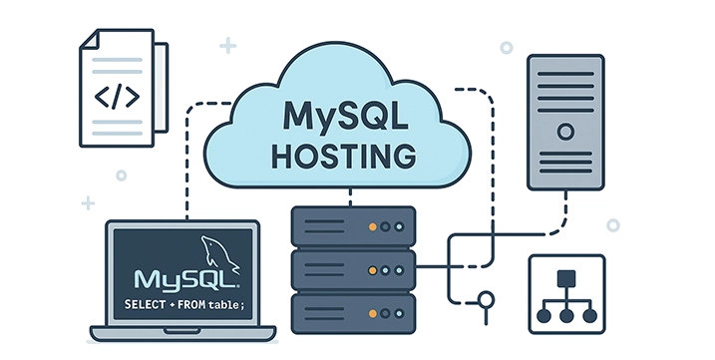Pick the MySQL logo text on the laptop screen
point(179,276)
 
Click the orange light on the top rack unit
point(374,227)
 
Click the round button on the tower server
point(565,131)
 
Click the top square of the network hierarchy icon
point(565,276)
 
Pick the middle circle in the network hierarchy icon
point(565,314)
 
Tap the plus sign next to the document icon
point(228,45)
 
